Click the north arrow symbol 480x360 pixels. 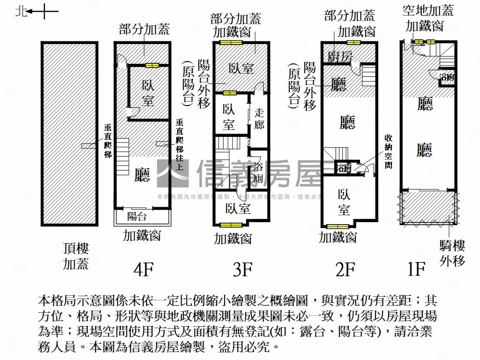pyautogui.click(x=37, y=11)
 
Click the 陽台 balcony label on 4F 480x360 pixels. pyautogui.click(x=137, y=216)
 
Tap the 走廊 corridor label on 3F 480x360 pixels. pyautogui.click(x=259, y=119)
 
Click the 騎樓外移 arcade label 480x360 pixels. pyautogui.click(x=452, y=253)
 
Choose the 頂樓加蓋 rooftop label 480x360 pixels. pyautogui.click(x=76, y=256)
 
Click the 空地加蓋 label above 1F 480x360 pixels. pyautogui.click(x=428, y=10)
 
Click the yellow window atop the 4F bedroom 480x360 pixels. pyautogui.click(x=152, y=65)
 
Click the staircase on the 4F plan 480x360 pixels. pyautogui.click(x=122, y=155)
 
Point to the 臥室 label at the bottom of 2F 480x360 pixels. pyautogui.click(x=344, y=202)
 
